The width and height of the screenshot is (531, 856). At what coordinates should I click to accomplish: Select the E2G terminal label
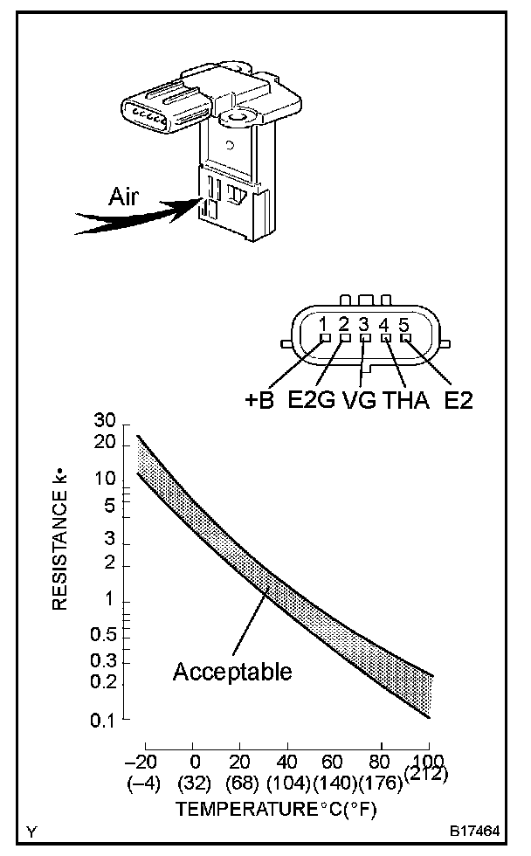click(x=311, y=403)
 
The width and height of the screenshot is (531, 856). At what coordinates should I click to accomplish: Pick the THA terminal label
click(x=403, y=403)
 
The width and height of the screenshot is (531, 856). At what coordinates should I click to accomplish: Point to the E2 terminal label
click(x=463, y=403)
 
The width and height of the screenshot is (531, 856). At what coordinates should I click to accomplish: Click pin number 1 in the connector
click(x=324, y=324)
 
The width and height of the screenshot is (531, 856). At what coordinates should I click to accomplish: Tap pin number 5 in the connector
click(x=404, y=324)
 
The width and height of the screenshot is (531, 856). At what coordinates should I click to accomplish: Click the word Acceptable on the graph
click(x=232, y=672)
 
